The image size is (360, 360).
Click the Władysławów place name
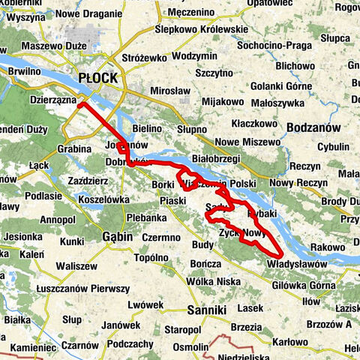coord(298,264)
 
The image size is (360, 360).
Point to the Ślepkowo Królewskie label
coord(200,29)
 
